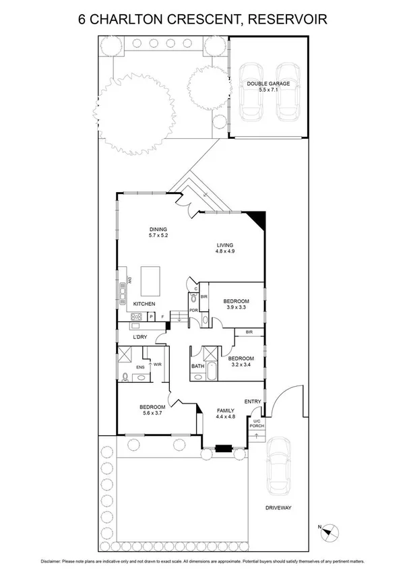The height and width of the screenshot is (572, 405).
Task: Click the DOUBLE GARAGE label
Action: [x=268, y=84]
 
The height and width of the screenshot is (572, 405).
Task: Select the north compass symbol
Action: [x=327, y=531]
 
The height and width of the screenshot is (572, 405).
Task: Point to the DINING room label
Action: [x=158, y=230]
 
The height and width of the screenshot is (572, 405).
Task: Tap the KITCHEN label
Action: [x=144, y=305]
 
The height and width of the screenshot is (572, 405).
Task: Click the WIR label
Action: [x=157, y=364]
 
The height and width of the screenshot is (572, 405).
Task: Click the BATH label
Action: [x=197, y=367]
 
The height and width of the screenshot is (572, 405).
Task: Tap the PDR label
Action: [x=193, y=311]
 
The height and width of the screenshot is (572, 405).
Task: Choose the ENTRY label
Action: [x=253, y=402]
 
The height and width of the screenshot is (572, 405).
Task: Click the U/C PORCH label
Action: [x=257, y=423]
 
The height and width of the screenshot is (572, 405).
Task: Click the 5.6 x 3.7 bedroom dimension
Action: [x=152, y=414]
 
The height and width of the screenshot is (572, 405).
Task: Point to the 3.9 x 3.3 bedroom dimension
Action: [x=237, y=308]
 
